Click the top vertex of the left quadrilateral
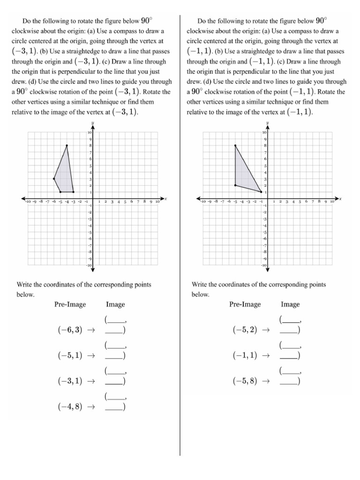(x=67, y=146)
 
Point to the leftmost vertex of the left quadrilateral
(x=54, y=179)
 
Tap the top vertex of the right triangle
(x=235, y=146)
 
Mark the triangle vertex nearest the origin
(x=261, y=192)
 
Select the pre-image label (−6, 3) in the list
(x=70, y=330)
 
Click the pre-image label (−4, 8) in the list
(x=70, y=407)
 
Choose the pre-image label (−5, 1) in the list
(x=70, y=355)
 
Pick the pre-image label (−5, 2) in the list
(x=245, y=330)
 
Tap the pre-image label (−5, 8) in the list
(x=245, y=381)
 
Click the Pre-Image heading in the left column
(x=70, y=305)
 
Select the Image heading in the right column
(x=290, y=305)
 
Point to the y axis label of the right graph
(x=267, y=123)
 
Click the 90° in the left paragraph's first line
(x=147, y=21)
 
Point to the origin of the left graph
(x=93, y=198)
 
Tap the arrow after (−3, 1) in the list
(x=91, y=382)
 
